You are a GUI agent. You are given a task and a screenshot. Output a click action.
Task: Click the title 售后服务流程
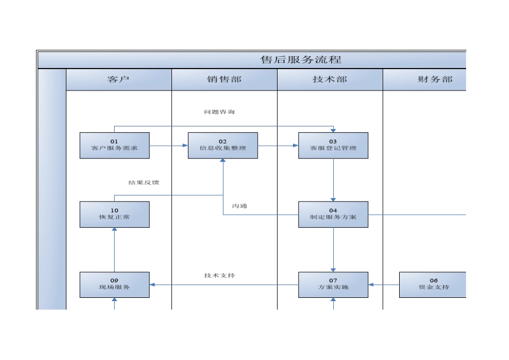(301, 59)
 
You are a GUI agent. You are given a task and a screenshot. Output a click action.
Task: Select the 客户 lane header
(118, 79)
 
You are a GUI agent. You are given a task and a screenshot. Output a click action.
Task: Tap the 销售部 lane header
(224, 79)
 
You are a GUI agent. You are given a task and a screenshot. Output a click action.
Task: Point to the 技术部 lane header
(330, 79)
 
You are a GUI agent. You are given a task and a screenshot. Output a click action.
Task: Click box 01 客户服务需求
(115, 145)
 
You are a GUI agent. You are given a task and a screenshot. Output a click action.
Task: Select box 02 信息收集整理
(222, 145)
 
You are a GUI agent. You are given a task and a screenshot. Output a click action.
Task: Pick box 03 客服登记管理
(333, 145)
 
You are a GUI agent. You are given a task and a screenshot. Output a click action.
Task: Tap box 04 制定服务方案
(333, 214)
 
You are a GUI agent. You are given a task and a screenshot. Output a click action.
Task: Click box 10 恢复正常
(115, 214)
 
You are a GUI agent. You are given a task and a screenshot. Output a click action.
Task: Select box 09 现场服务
(115, 284)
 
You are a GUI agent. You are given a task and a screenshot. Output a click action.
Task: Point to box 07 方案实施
(333, 284)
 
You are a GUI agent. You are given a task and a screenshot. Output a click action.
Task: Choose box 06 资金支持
(433, 284)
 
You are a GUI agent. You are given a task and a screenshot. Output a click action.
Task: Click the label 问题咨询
(219, 112)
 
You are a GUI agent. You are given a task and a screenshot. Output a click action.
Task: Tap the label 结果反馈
(144, 182)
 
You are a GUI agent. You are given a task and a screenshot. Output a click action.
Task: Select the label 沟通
(239, 206)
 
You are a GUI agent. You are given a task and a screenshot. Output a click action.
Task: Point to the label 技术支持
(219, 275)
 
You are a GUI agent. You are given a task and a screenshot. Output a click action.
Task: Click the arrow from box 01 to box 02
(168, 145)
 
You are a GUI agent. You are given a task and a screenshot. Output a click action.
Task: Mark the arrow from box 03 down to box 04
(333, 179)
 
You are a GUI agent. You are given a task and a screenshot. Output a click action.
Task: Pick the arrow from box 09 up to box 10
(115, 250)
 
